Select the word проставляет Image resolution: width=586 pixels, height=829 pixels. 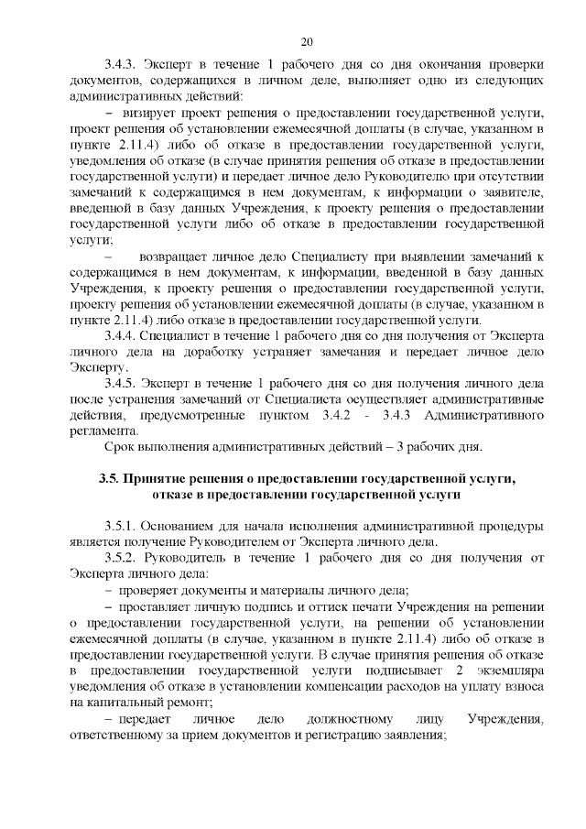point(155,606)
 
